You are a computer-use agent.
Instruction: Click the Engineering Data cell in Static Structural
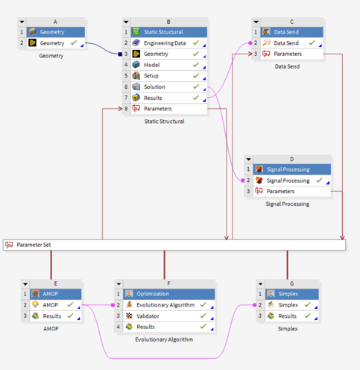(x=169, y=43)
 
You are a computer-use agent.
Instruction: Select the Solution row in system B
(x=169, y=87)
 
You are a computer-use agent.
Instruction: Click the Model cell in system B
(x=169, y=65)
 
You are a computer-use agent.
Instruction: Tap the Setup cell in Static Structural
(x=169, y=76)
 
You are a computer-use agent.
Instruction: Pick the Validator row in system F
(x=169, y=316)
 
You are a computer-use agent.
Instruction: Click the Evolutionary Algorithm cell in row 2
(x=169, y=305)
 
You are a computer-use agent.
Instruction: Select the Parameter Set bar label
(x=34, y=245)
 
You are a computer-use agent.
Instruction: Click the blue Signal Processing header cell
(x=292, y=169)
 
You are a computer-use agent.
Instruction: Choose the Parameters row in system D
(x=292, y=192)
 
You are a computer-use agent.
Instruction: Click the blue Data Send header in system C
(x=291, y=32)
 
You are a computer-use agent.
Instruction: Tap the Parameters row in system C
(x=291, y=54)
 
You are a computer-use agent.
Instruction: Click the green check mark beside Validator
(x=203, y=316)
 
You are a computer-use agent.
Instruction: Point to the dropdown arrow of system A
(x=22, y=22)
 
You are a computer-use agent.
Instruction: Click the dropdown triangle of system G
(x=260, y=283)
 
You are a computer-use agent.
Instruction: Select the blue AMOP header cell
(x=56, y=294)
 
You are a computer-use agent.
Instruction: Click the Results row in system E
(x=56, y=316)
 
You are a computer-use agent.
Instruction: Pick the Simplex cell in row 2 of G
(x=292, y=305)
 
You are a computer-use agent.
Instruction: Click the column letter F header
(x=169, y=283)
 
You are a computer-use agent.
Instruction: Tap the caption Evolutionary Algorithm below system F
(x=164, y=339)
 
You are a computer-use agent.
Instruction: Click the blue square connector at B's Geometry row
(x=120, y=54)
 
